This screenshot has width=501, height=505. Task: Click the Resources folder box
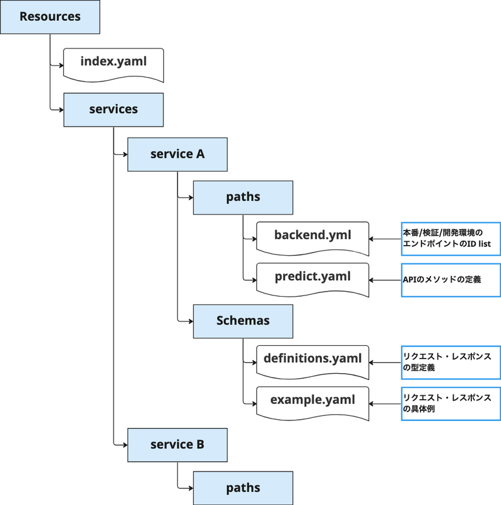click(50, 17)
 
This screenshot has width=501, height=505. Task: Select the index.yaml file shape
click(114, 65)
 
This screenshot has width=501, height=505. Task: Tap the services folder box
click(114, 110)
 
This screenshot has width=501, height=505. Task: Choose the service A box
click(177, 155)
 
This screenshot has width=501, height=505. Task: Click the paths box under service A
click(243, 198)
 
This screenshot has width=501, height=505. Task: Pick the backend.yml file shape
click(312, 239)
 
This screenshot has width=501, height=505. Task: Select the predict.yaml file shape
click(312, 280)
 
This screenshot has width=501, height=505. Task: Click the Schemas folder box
click(243, 321)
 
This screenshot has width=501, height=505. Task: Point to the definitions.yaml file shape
click(312, 362)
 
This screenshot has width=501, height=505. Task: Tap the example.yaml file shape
click(312, 403)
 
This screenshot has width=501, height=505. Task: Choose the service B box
click(177, 445)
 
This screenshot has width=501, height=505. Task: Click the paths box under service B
click(243, 488)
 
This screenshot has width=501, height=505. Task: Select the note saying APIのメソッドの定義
click(451, 280)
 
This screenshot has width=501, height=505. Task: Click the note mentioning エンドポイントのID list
click(451, 239)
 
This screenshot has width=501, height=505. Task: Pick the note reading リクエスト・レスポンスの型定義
click(451, 362)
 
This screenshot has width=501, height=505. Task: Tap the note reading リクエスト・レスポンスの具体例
click(451, 403)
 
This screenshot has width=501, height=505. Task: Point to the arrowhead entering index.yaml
click(61, 66)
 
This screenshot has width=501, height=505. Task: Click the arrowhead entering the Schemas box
click(191, 321)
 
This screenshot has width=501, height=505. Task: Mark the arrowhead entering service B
click(126, 445)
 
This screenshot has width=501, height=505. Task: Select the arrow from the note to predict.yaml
click(385, 280)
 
